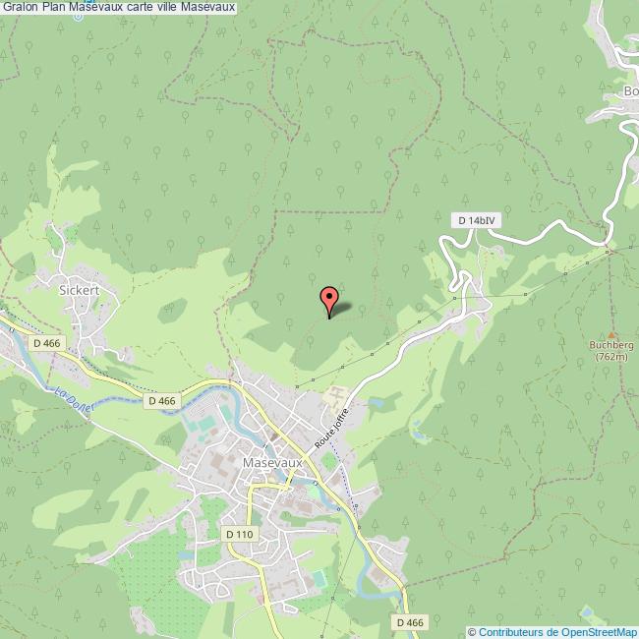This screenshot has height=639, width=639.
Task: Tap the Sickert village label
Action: pyautogui.click(x=81, y=291)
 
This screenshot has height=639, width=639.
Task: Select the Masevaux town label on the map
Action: pyautogui.click(x=268, y=462)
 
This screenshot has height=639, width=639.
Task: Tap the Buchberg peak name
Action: pyautogui.click(x=611, y=346)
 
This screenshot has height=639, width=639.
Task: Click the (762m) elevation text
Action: pyautogui.click(x=611, y=357)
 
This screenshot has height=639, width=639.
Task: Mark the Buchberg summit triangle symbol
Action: pyautogui.click(x=611, y=334)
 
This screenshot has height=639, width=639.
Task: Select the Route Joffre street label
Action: pyautogui.click(x=332, y=430)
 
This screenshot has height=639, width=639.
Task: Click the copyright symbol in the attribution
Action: pyautogui.click(x=472, y=631)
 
